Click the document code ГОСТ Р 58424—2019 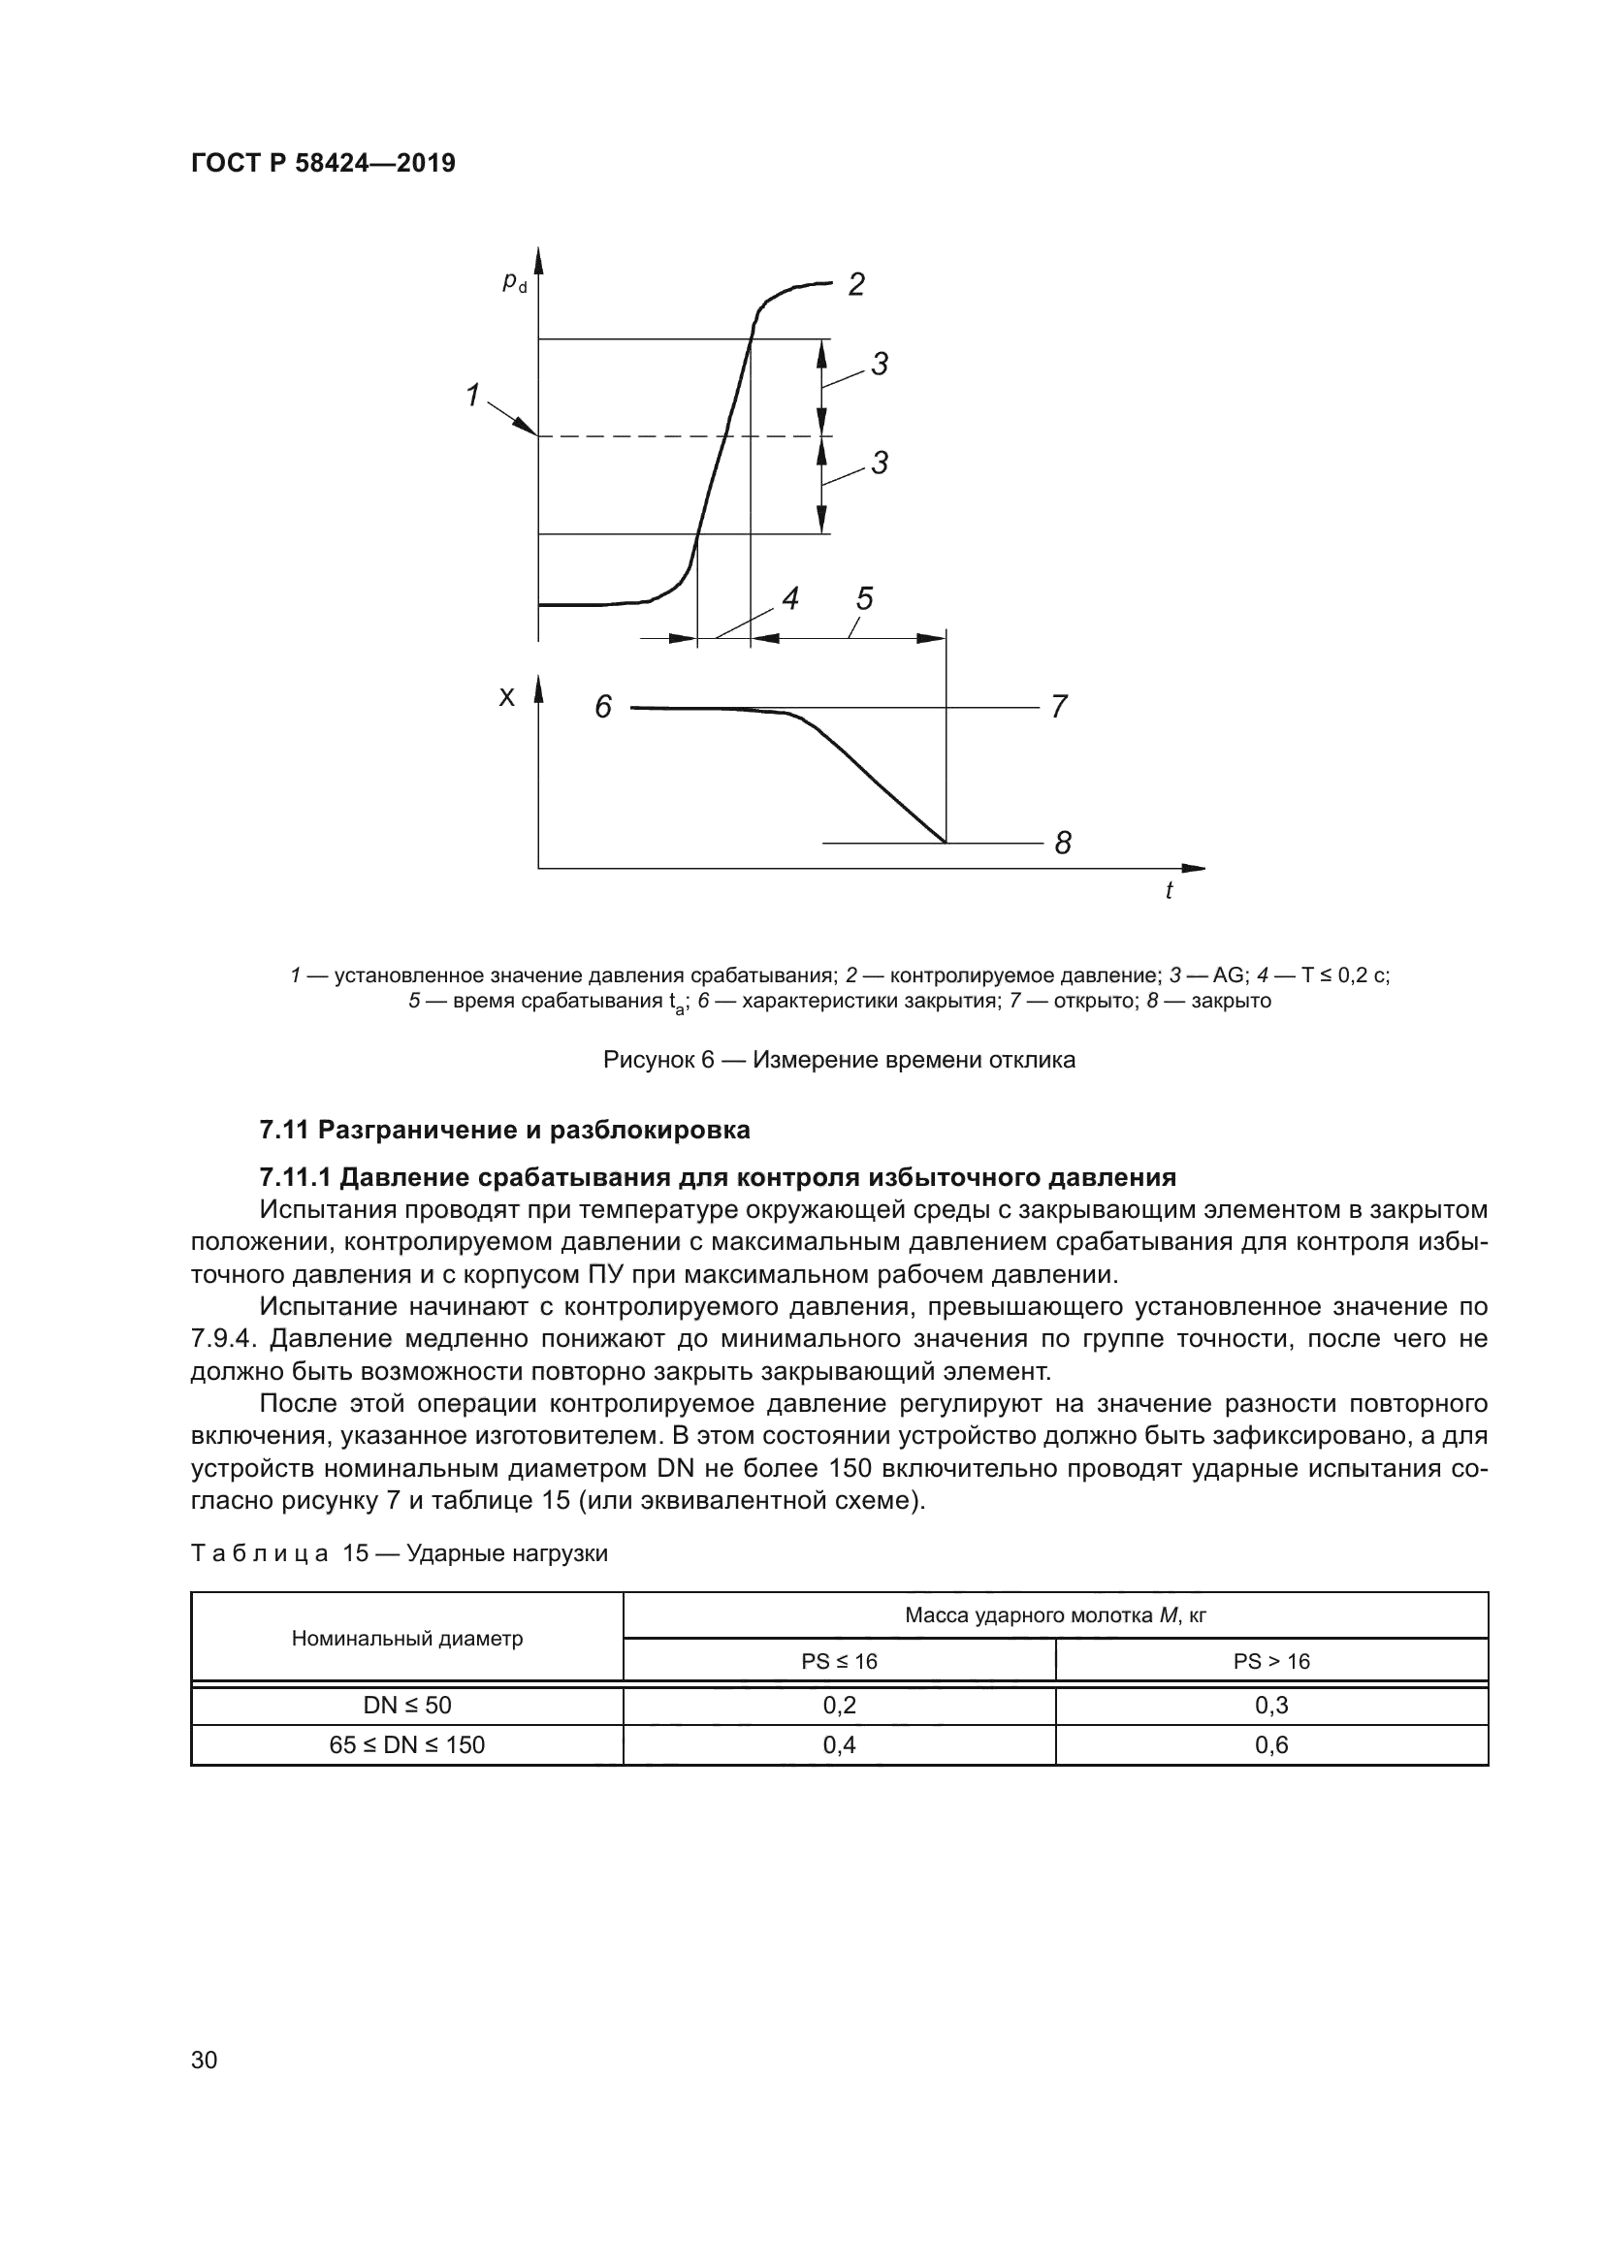tap(323, 163)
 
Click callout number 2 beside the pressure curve tap(856, 284)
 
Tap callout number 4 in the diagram tap(790, 597)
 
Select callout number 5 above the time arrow tap(864, 597)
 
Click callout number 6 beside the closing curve tap(602, 707)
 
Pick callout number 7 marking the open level tap(1059, 707)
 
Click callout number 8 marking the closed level tap(1063, 843)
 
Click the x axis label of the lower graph tap(506, 698)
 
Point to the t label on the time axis tap(1169, 891)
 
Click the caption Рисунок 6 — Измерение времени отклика tap(839, 1060)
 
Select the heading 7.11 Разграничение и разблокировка tap(504, 1129)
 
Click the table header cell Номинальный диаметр tap(407, 1639)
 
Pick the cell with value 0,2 tap(839, 1705)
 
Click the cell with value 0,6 tap(1271, 1744)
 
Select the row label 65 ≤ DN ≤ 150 tap(407, 1744)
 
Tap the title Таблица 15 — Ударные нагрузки tap(399, 1553)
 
